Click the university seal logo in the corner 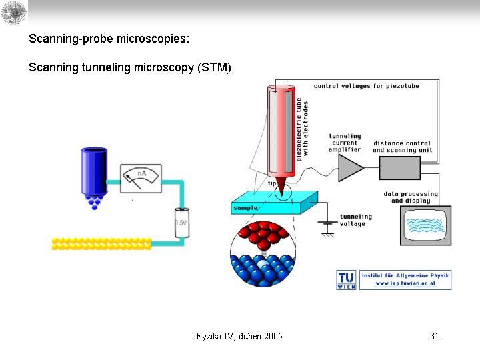(14, 13)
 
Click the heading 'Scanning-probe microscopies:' (109, 39)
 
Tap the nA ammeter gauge (141, 178)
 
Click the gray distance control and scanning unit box (400, 167)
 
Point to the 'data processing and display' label (411, 197)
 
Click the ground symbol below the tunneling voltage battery (327, 233)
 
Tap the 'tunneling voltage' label (356, 220)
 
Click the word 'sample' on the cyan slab (245, 208)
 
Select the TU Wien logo (346, 280)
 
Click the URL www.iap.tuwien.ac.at (405, 283)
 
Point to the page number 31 (434, 336)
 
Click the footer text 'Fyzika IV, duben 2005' (239, 336)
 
